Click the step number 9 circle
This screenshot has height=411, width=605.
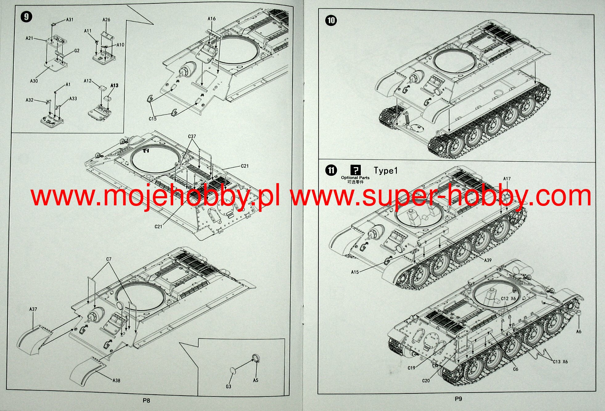[x=26, y=16]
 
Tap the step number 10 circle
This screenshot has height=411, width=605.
[x=331, y=20]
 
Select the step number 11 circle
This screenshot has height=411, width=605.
[x=331, y=170]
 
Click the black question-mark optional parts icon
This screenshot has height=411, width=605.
[x=355, y=170]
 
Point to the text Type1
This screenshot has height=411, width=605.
[x=386, y=171]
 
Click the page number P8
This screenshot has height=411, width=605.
[x=146, y=401]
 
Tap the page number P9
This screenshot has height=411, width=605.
[x=458, y=399]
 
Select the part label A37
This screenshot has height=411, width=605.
[x=33, y=309]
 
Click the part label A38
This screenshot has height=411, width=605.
[x=116, y=380]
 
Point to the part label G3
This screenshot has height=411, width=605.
[x=228, y=386]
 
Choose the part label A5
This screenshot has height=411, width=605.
[x=255, y=380]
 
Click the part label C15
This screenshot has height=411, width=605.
[x=153, y=119]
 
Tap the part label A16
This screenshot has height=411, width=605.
[x=211, y=18]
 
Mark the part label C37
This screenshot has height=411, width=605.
[x=192, y=136]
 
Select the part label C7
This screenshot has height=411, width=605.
[x=109, y=259]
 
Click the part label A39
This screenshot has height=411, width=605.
[x=488, y=260]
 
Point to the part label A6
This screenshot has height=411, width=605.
[x=578, y=331]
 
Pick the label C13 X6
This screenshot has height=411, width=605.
[x=560, y=362]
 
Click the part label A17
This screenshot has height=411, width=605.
[x=507, y=179]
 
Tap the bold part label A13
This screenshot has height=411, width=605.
[x=114, y=85]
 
